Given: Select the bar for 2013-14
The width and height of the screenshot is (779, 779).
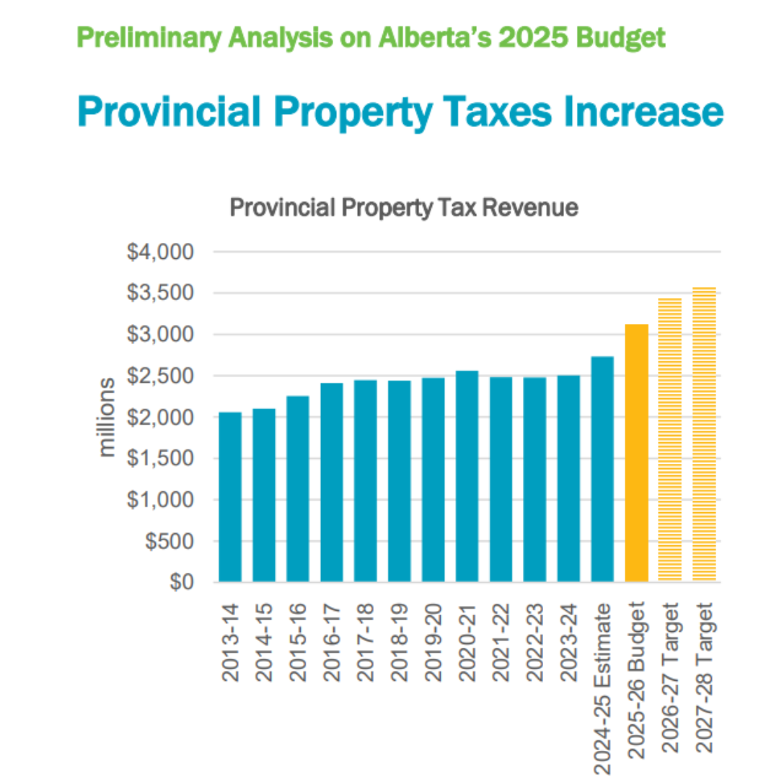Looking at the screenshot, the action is tap(230, 497).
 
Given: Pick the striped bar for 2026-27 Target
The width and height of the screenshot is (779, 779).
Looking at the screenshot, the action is tap(670, 440).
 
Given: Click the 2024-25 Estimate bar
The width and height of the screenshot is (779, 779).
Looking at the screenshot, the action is tap(603, 469).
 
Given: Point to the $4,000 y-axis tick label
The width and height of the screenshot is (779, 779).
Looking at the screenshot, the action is tap(160, 252).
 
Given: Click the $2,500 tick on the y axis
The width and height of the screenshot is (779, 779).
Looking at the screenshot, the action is tap(160, 376).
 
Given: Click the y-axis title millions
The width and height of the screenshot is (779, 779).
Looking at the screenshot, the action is tap(107, 417).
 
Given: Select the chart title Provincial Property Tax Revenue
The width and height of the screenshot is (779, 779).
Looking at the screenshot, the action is tap(403, 208).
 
